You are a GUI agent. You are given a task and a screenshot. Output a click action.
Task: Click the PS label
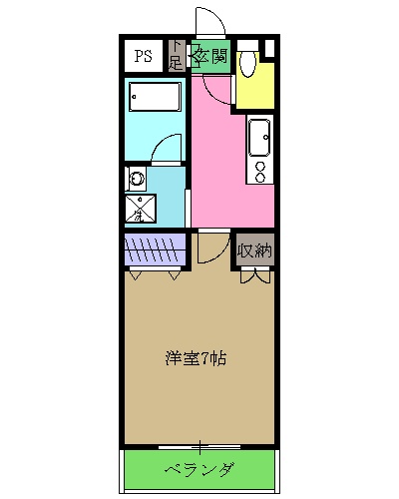coord(144,55)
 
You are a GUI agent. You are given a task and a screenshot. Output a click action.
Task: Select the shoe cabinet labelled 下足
coord(177,56)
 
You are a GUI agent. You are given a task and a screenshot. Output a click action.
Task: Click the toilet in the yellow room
coord(249,62)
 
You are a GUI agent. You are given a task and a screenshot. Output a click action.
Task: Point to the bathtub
coord(155,100)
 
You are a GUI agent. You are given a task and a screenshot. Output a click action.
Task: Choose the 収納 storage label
coord(255,249)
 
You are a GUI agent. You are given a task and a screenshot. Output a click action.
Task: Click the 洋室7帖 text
coord(195,358)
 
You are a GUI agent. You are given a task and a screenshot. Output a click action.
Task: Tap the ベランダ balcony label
coord(199,470)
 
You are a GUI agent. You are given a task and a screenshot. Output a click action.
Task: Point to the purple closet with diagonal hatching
coord(156,249)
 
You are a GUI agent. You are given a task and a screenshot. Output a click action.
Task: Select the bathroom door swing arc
coord(169,150)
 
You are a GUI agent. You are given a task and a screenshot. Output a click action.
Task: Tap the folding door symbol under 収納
coord(255,274)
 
